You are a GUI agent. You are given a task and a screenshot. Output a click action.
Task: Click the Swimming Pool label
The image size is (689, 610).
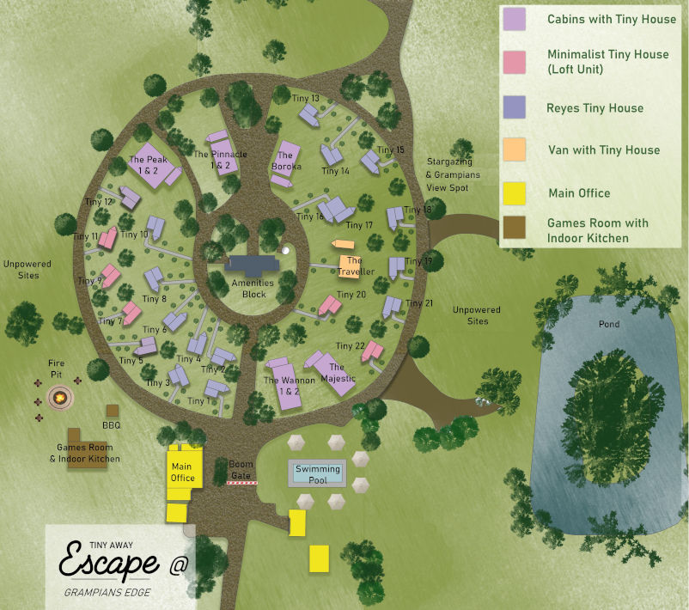318,473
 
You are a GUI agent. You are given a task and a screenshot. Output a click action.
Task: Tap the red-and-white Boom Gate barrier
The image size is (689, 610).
241,484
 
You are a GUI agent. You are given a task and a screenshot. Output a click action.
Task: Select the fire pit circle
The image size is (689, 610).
58,397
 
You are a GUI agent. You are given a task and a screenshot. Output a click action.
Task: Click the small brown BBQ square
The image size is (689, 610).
113,411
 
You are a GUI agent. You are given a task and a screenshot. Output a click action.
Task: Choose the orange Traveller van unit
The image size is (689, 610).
350,263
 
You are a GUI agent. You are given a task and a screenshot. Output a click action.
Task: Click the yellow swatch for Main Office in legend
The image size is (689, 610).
515,193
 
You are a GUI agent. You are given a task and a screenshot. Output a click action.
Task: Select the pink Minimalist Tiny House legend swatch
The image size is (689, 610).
515,62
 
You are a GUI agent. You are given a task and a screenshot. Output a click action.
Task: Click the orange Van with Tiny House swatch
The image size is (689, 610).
515,150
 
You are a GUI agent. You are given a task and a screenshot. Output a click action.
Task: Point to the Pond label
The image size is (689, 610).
608,325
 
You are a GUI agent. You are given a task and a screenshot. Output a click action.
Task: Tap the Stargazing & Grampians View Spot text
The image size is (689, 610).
452,174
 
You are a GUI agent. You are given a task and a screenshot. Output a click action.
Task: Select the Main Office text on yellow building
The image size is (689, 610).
182,473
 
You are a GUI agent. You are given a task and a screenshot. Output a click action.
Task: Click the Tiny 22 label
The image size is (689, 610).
351,345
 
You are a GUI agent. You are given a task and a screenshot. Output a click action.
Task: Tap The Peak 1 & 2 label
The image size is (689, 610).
144,165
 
